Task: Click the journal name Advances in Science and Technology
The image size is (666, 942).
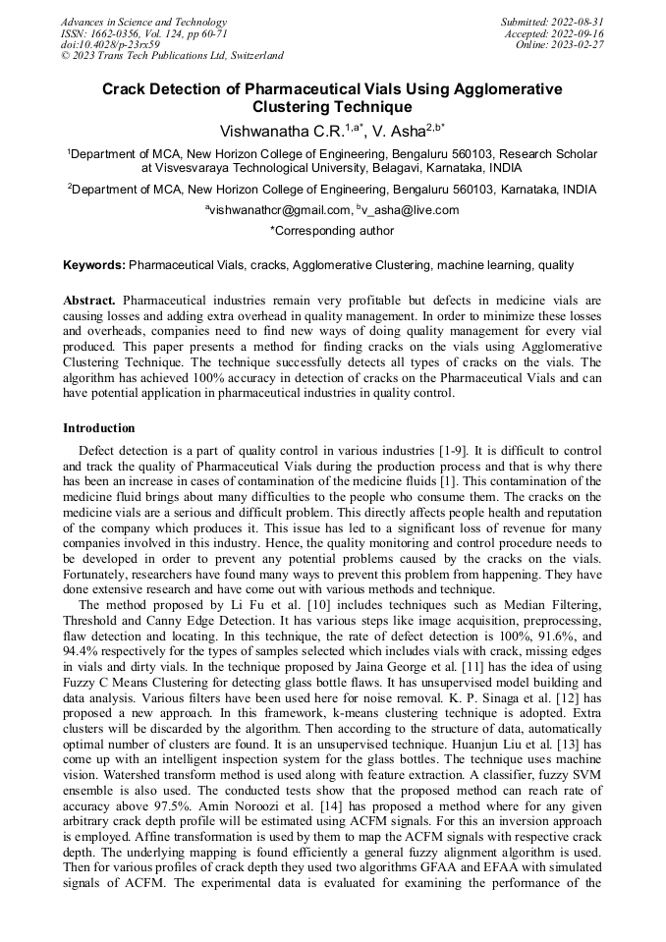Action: click(x=143, y=22)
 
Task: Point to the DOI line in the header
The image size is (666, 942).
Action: click(x=110, y=44)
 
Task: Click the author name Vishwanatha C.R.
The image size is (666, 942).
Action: click(x=280, y=131)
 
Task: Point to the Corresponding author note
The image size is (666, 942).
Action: click(x=332, y=231)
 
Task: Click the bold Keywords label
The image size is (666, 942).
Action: click(x=93, y=265)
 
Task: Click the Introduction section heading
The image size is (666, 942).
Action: click(x=99, y=428)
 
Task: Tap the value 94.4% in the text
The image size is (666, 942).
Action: click(x=82, y=650)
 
